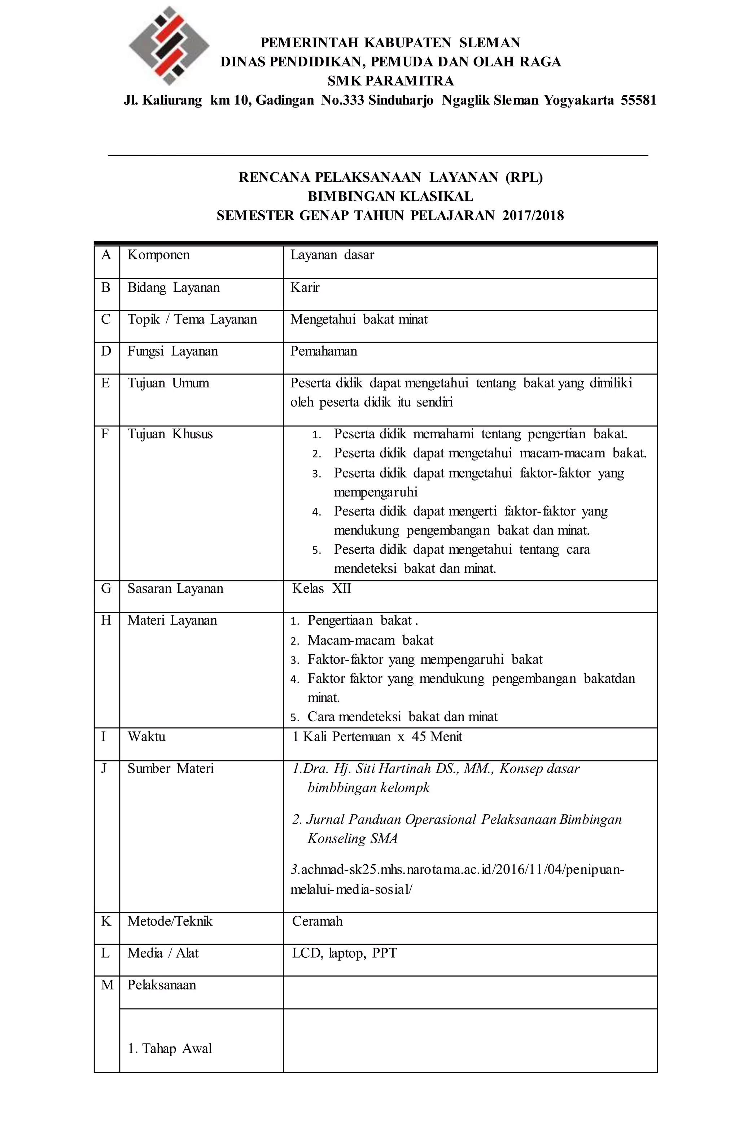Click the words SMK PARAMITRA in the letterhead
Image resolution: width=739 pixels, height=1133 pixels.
pos(390,81)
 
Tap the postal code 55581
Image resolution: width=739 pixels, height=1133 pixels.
pos(638,100)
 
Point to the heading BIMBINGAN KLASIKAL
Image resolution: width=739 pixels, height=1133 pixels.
pos(390,196)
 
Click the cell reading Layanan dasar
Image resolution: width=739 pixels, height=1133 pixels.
pos(332,255)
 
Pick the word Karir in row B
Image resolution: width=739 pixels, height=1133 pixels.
pos(305,287)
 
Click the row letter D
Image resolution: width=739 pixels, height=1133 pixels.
pos(106,351)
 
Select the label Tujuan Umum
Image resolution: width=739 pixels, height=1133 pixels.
pos(168,383)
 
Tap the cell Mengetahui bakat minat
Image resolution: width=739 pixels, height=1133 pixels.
pos(359,320)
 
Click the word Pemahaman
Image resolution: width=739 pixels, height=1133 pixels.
pos(323,351)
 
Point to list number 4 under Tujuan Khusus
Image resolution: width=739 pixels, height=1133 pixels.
pos(317,513)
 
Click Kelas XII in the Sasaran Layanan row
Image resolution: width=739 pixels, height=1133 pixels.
pos(322,589)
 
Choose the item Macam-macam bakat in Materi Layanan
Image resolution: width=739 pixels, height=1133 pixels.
pos(370,640)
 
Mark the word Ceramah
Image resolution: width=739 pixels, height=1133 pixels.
pos(317,921)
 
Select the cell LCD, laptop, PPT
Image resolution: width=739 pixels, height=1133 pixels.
pos(344,953)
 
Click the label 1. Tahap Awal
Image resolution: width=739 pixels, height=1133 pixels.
pos(170,1048)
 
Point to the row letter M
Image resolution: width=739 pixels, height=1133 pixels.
pos(107,985)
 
